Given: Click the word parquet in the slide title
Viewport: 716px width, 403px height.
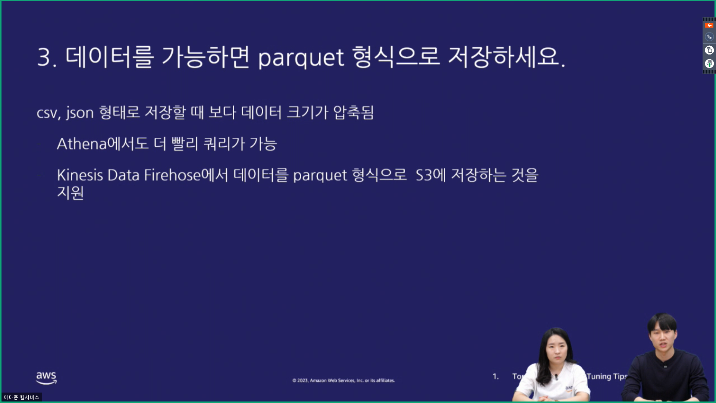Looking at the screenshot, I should [x=301, y=58].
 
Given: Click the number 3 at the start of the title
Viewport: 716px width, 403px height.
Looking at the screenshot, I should [x=44, y=58].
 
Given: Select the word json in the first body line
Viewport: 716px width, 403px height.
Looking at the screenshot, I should [x=80, y=113].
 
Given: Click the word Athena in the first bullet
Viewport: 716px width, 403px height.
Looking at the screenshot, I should [x=82, y=144].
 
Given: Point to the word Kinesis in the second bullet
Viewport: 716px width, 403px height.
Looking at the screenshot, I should [x=79, y=175].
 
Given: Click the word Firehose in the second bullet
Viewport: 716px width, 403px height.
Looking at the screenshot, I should [x=172, y=175].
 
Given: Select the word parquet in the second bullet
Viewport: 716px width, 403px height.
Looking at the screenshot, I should [x=320, y=175].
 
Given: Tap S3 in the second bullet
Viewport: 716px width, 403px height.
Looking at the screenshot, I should [x=424, y=175].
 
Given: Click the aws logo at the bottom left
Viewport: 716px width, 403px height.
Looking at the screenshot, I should [x=46, y=378].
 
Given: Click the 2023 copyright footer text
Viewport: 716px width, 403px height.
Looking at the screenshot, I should [x=343, y=381].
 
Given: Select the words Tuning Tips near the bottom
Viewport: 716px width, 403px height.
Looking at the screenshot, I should [x=607, y=377].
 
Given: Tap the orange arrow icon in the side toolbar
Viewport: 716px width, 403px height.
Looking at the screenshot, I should [x=709, y=25].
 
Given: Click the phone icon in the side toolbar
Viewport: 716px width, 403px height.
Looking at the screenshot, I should [x=709, y=37].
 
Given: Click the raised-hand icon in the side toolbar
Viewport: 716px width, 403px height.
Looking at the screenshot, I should [x=709, y=63].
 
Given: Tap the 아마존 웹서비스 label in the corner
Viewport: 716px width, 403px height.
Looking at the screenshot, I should [x=21, y=397].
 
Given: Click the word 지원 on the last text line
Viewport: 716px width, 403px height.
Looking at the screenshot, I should [x=70, y=193].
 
